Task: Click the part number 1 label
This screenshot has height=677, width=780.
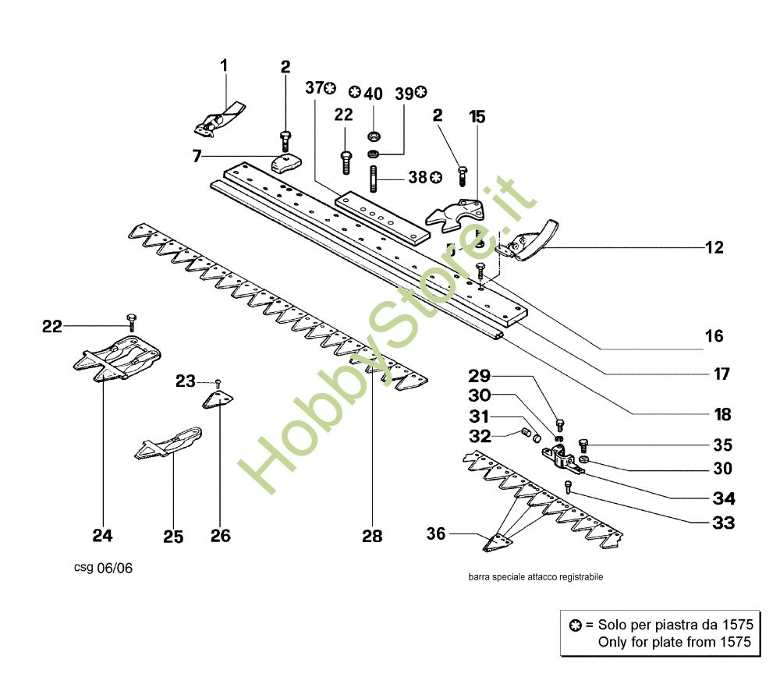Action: [x=224, y=66]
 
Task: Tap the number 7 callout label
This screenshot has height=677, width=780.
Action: [x=197, y=156]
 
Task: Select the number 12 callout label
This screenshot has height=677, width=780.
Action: [x=714, y=247]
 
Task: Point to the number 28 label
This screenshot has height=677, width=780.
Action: [x=372, y=537]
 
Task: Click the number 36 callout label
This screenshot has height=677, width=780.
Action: [x=436, y=533]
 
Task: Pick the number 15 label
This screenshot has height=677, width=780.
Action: [x=477, y=117]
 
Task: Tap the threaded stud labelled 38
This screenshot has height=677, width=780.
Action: [x=374, y=179]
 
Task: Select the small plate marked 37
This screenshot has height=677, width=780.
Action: [x=381, y=218]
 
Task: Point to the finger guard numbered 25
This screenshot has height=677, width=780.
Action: [x=168, y=443]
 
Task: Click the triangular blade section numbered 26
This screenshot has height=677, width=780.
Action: [x=218, y=399]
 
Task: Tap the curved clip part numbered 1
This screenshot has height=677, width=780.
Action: [x=219, y=119]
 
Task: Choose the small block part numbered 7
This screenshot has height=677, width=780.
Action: [x=286, y=162]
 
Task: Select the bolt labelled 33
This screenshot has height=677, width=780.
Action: [x=568, y=487]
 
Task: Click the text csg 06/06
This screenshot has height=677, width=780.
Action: [x=104, y=568]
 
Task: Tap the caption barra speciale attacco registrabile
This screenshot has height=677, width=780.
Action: [x=536, y=577]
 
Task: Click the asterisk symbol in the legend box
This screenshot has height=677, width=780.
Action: [x=576, y=626]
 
